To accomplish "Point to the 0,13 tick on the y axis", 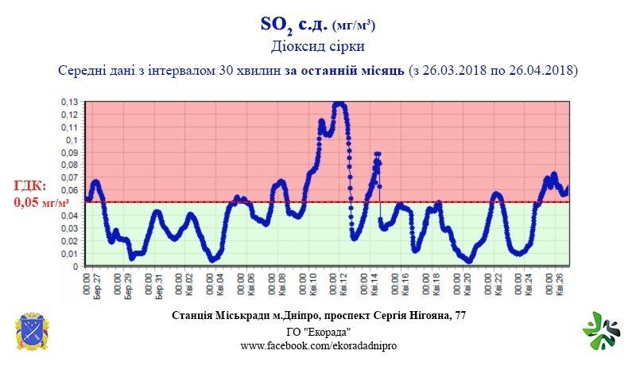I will pyautogui.click(x=71, y=102).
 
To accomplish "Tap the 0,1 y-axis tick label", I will pyautogui.click(x=73, y=139).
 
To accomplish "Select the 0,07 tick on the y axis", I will pyautogui.click(x=71, y=177).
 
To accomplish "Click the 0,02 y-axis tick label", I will pyautogui.click(x=71, y=240).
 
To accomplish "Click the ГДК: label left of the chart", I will pyautogui.click(x=30, y=186).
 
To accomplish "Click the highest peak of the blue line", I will pyautogui.click(x=339, y=103).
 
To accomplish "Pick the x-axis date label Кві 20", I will pyautogui.click(x=470, y=283).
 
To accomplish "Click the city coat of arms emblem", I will pyautogui.click(x=32, y=333).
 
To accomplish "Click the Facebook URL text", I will pyautogui.click(x=318, y=346).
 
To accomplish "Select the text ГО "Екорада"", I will pyautogui.click(x=318, y=332).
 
